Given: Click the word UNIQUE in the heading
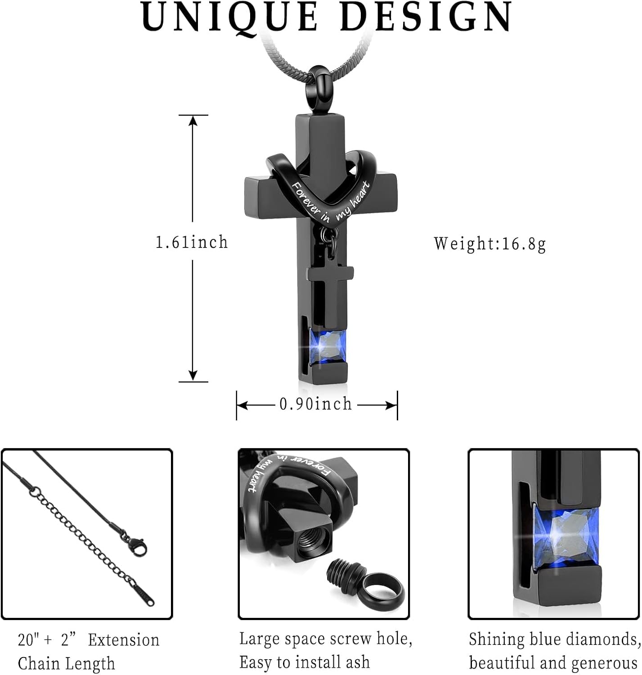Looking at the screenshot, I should pos(229,17).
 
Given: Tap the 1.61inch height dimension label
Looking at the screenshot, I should pos(192,243).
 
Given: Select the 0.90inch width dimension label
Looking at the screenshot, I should pos(316,404).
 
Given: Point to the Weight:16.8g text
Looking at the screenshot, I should pos(490,243).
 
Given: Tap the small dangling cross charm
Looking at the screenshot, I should pos(329,288).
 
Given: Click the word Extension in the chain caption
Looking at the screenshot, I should pos(123,640).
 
